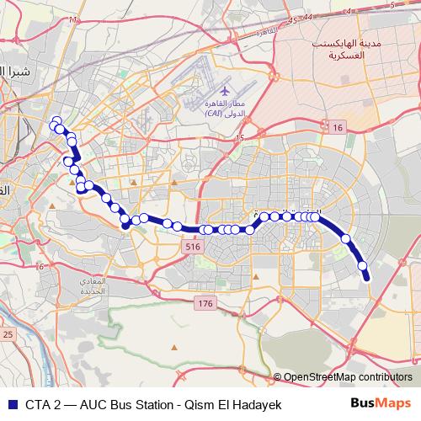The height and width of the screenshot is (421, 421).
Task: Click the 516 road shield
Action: point(193,246)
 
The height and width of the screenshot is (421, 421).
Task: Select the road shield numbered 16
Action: point(338,127)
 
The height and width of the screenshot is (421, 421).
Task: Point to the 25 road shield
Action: point(8,335)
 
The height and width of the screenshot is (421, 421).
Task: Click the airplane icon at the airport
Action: point(224,89)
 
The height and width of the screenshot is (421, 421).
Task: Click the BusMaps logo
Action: point(380,402)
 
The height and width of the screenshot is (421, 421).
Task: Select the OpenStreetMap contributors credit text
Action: point(347,378)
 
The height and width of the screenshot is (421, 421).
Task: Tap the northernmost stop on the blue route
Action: point(56,120)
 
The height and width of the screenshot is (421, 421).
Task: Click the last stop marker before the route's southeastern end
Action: point(364,266)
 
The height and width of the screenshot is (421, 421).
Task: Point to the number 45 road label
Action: point(292,19)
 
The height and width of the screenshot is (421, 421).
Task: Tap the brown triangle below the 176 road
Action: point(173,347)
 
